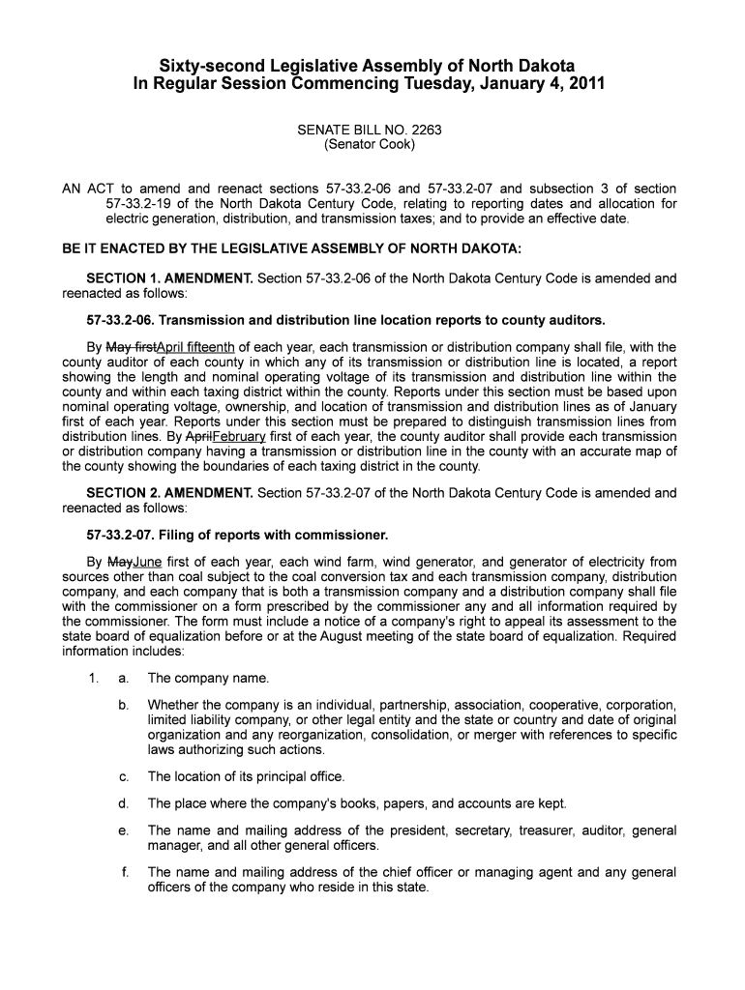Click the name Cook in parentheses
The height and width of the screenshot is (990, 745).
[395, 145]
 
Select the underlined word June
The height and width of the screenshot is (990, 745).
[147, 562]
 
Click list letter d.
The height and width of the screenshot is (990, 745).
[124, 803]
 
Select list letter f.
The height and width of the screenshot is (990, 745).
[125, 873]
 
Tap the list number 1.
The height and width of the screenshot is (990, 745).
[93, 678]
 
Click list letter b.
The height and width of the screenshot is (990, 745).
[124, 705]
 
